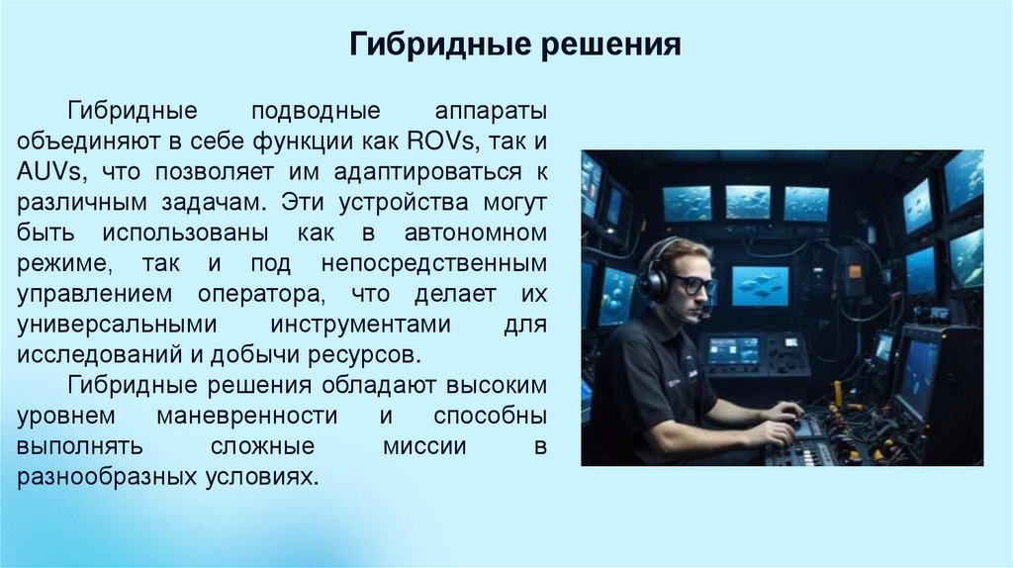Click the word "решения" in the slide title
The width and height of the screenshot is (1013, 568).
point(610,46)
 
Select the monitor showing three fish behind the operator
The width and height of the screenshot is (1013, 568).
point(760,285)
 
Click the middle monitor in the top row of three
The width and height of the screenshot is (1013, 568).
point(748,202)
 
